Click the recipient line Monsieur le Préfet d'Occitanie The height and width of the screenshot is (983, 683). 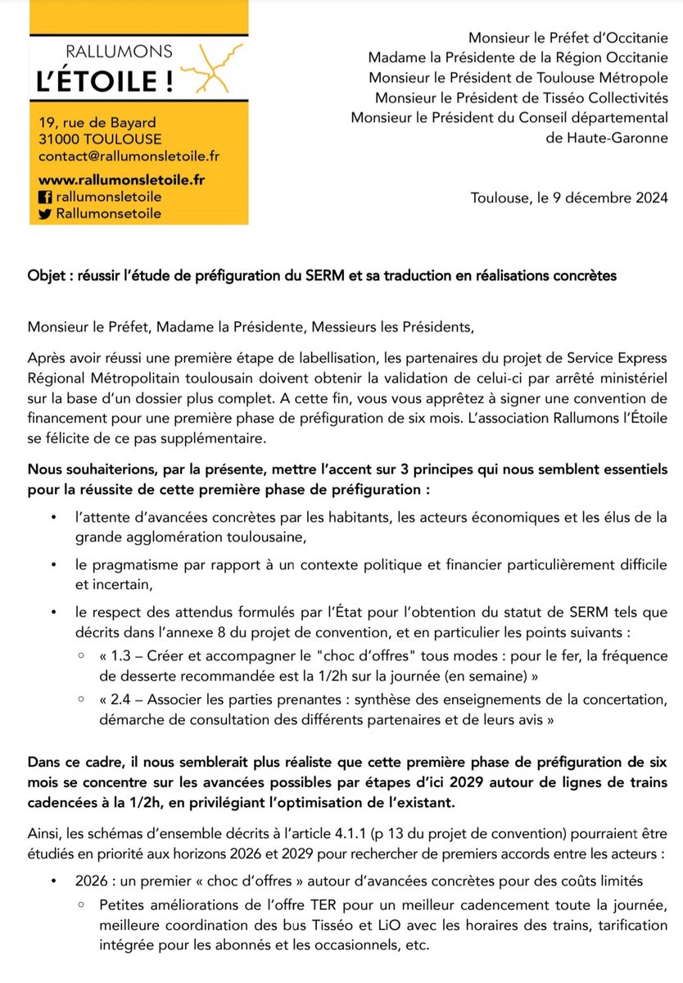(x=568, y=38)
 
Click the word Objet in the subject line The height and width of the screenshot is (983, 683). (x=46, y=276)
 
